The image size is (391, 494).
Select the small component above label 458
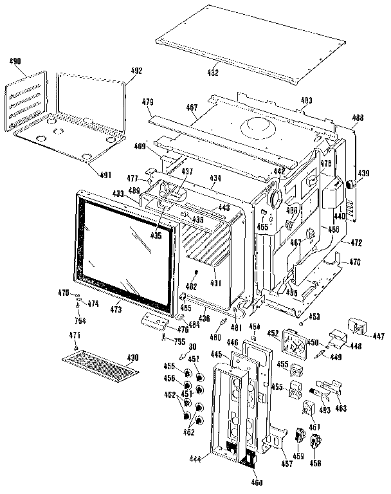click(x=316, y=442)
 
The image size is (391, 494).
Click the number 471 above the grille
click(x=75, y=336)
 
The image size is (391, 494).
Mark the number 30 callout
click(x=192, y=346)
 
